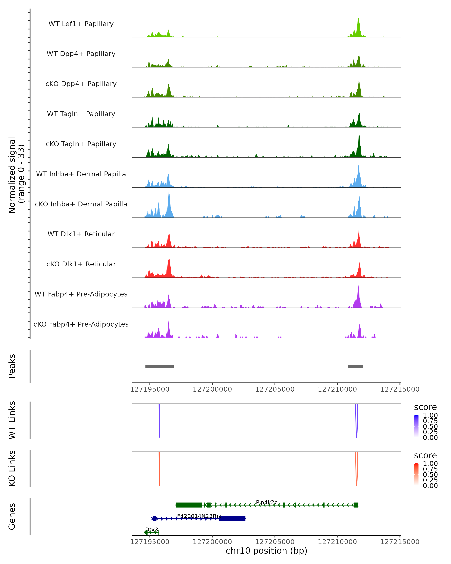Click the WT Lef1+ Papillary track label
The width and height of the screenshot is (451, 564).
pyautogui.click(x=81, y=24)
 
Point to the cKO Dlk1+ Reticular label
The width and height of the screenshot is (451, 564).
pyautogui.click(x=81, y=264)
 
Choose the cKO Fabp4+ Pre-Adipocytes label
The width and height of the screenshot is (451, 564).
pyautogui.click(x=81, y=324)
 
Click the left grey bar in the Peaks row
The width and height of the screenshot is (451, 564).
pyautogui.click(x=160, y=366)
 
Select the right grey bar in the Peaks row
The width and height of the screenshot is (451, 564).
pyautogui.click(x=355, y=366)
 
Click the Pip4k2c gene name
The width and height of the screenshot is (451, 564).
pyautogui.click(x=266, y=502)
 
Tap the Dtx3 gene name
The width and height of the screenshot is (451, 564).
pyautogui.click(x=152, y=529)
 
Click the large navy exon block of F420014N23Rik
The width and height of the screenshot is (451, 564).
pyautogui.click(x=232, y=519)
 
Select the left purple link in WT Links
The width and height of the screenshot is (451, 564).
pyautogui.click(x=159, y=421)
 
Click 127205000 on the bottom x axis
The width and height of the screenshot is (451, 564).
pyautogui.click(x=275, y=542)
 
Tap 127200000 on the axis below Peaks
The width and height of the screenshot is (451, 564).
pyautogui.click(x=212, y=389)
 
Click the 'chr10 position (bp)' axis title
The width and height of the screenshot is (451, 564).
pyautogui.click(x=266, y=551)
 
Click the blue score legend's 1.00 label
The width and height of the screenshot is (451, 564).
pyautogui.click(x=430, y=415)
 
